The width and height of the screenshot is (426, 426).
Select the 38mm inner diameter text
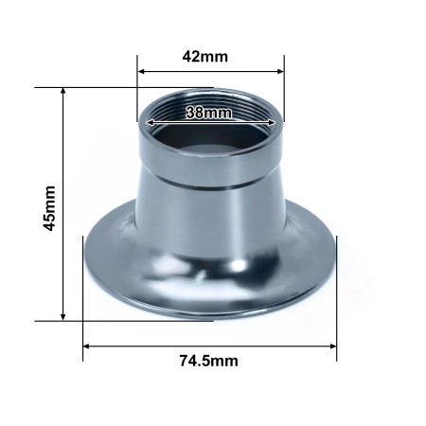pyautogui.click(x=209, y=114)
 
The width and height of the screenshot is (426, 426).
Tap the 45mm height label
pyautogui.click(x=50, y=205)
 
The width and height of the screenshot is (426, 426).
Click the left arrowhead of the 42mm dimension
pyautogui.click(x=142, y=71)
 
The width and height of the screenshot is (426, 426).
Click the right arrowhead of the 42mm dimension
pyautogui.click(x=280, y=71)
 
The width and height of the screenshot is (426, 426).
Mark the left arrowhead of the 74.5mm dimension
pyautogui.click(x=87, y=346)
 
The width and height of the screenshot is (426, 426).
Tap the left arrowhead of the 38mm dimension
pyautogui.click(x=149, y=120)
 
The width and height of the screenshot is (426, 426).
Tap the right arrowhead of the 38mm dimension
pyautogui.click(x=272, y=120)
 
